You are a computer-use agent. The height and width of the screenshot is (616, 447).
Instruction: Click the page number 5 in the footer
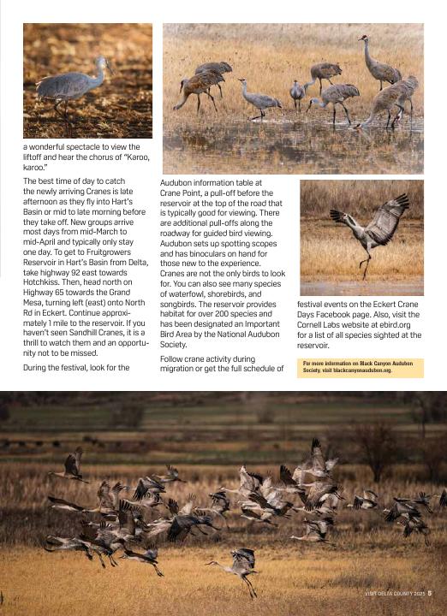click(x=430, y=593)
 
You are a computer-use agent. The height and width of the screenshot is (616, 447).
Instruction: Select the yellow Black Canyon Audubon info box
click(x=361, y=367)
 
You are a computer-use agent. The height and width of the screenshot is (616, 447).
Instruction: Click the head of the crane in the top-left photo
click(x=104, y=63)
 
